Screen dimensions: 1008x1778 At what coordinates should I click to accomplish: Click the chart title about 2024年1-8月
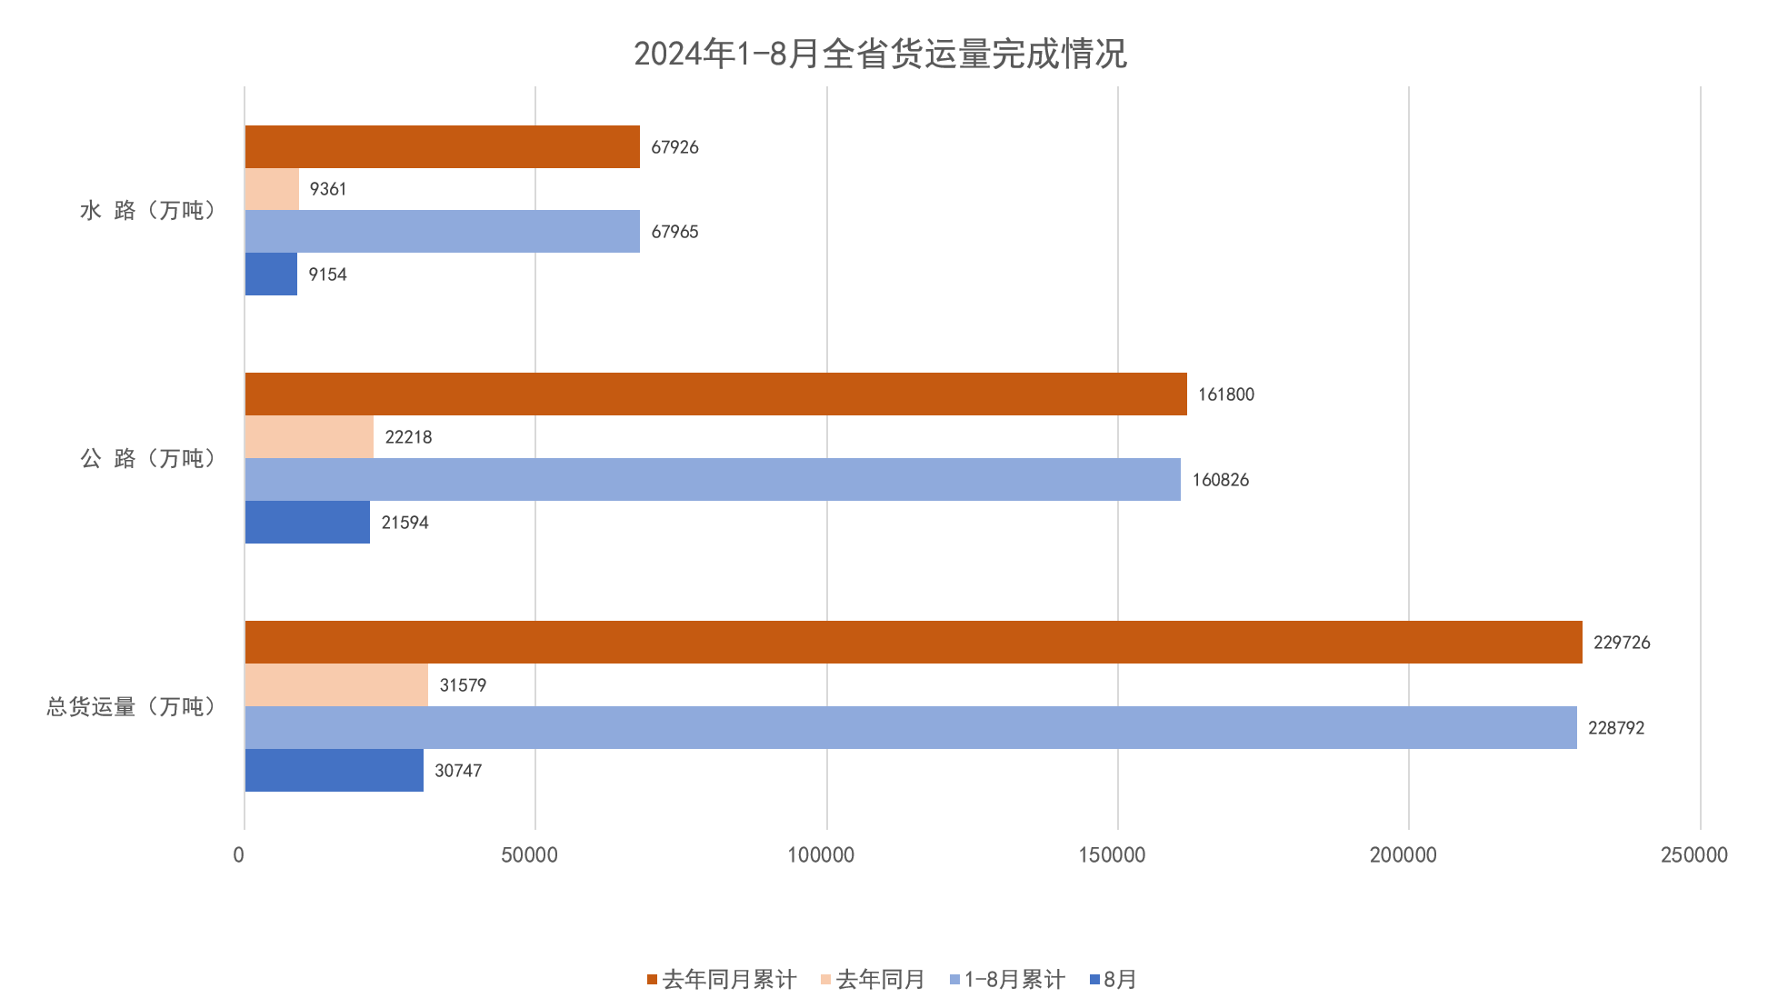coord(880,54)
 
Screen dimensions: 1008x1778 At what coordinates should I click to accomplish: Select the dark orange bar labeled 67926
coord(442,146)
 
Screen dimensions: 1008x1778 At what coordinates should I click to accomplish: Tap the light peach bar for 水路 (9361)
coord(272,189)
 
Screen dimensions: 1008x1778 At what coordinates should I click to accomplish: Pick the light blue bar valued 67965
coord(442,231)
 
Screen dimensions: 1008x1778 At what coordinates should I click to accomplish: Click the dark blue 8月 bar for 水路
coord(271,274)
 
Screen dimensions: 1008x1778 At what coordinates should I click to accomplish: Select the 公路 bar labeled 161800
coord(715,394)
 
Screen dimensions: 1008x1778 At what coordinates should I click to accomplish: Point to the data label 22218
coord(408,437)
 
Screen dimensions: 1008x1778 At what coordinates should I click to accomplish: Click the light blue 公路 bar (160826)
coord(713,479)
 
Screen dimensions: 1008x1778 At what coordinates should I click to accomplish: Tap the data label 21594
coord(405,523)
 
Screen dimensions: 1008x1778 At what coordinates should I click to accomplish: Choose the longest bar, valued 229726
coord(914,642)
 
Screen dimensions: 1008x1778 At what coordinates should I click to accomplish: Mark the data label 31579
coord(463,685)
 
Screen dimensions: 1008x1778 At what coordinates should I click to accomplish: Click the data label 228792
coord(1616,728)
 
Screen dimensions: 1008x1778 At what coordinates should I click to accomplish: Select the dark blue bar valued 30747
coord(334,770)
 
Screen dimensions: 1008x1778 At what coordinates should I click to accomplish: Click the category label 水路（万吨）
coord(148,211)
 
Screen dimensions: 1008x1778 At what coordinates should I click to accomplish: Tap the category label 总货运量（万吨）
coord(131,706)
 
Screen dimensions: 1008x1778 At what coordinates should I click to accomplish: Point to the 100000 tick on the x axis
coord(821,854)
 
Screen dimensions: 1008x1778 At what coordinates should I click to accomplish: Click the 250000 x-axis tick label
coord(1693,854)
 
